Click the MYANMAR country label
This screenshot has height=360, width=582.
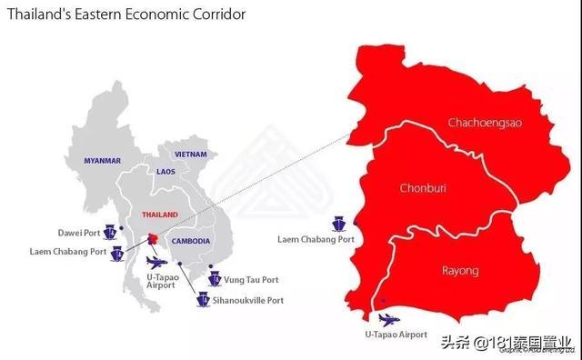coord(102,161)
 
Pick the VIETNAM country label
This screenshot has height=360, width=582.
coord(191,155)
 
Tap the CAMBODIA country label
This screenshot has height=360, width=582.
coord(191,241)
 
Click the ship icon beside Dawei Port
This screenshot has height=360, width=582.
coord(107,231)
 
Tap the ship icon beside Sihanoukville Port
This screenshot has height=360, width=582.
coord(205,299)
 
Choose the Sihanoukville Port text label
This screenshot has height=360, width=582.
coord(251,300)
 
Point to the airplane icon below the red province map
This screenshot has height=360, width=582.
coord(388,318)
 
